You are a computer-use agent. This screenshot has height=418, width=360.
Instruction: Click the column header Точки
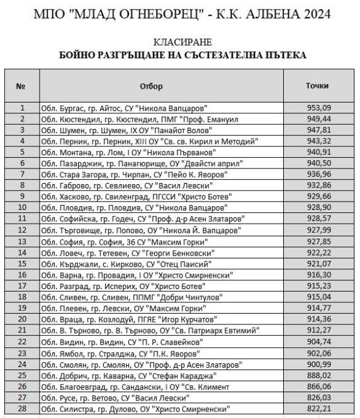coord(317,86)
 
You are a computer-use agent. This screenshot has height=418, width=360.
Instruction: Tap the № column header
coord(21,86)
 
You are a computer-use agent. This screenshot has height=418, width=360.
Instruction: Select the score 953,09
coord(317,108)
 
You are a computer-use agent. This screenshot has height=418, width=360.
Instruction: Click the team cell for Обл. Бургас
coord(124,108)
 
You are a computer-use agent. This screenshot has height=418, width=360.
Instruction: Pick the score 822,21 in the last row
coord(317,408)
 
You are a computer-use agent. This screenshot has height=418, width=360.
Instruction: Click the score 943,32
coord(317,142)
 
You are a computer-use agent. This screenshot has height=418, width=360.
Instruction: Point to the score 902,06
coord(317,353)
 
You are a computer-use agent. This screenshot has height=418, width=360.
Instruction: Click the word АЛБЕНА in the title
coord(264,13)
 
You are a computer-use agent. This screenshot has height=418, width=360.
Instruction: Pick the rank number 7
coord(22,175)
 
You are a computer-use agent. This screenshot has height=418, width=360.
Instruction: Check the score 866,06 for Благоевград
coord(317,386)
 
